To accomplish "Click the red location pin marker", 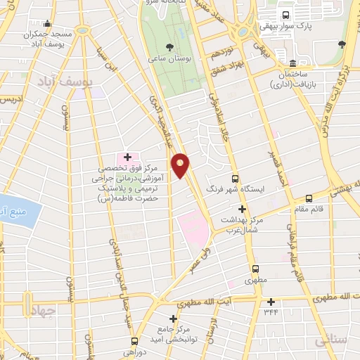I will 181,165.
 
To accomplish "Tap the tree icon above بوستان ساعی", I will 169,47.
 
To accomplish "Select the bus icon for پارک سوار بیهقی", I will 285,15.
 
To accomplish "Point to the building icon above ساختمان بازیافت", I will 292,63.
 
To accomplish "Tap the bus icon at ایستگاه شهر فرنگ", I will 235,179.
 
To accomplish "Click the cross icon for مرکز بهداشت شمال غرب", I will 242,209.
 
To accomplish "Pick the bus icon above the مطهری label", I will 255,269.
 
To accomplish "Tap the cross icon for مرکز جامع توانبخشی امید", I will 173,319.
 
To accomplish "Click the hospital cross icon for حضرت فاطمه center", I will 127,157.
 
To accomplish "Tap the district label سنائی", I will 330,340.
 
